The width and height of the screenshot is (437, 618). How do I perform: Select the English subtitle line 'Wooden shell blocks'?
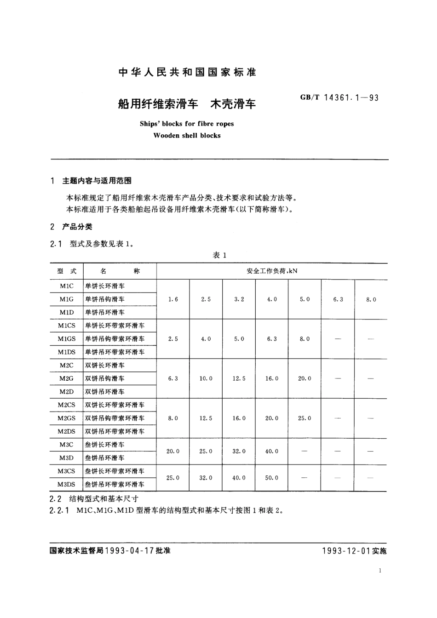click(x=187, y=136)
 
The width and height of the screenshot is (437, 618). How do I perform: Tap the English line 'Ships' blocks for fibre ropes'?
click(x=187, y=124)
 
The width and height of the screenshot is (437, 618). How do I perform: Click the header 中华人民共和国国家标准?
click(x=187, y=72)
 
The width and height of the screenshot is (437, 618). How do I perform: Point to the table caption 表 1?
click(x=219, y=255)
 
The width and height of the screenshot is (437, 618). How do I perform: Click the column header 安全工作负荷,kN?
click(x=272, y=271)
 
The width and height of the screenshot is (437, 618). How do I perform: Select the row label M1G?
click(x=66, y=299)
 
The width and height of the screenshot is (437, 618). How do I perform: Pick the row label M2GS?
click(x=66, y=418)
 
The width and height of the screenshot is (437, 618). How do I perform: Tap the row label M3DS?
click(x=66, y=484)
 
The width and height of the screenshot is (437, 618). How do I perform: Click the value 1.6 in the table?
click(x=173, y=299)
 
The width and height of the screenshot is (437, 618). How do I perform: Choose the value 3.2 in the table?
click(x=239, y=299)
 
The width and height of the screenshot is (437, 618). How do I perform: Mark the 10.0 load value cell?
click(x=206, y=378)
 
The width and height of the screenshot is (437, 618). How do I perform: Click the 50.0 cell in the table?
click(x=271, y=478)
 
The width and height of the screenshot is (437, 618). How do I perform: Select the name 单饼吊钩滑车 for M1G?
click(x=105, y=299)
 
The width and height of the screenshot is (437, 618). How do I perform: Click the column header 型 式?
click(x=66, y=271)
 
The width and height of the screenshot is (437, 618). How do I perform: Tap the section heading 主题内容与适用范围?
click(x=97, y=181)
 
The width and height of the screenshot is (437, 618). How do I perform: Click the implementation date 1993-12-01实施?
click(x=354, y=551)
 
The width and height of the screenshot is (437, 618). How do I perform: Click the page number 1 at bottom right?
click(x=380, y=571)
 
